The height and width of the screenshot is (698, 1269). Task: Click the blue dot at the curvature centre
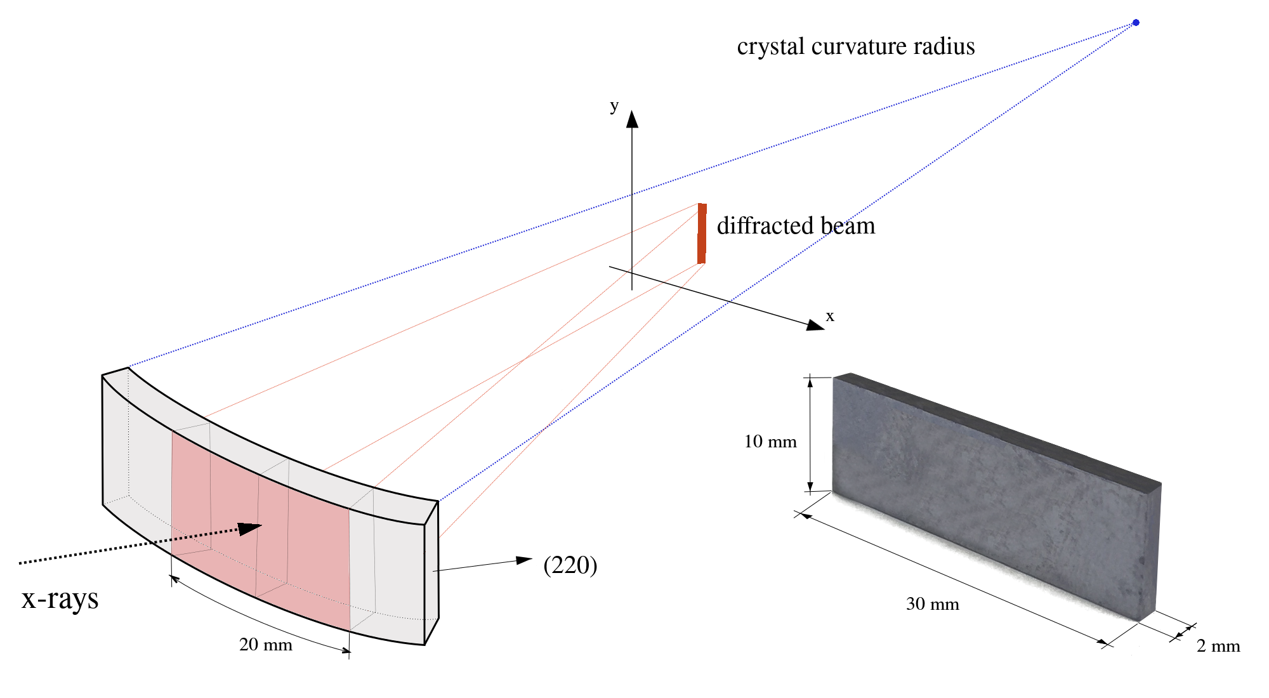1136,23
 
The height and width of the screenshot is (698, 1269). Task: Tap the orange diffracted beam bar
702,234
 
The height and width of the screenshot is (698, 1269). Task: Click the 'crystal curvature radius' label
855,46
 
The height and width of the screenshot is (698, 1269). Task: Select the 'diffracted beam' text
796,226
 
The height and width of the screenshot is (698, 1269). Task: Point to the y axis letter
614,106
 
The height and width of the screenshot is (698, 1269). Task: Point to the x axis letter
830,316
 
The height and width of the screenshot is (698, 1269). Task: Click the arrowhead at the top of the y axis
632,119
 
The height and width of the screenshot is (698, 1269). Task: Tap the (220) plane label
570,565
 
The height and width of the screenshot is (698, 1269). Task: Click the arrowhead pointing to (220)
524,560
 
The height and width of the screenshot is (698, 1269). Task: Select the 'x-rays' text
60,598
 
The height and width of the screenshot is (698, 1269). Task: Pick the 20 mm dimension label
265,645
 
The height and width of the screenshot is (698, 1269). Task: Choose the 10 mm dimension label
770,442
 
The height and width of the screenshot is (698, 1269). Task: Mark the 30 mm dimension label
932,604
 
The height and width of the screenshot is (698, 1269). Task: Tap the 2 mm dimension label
1218,646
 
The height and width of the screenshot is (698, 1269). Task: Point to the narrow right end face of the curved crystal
431,571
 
